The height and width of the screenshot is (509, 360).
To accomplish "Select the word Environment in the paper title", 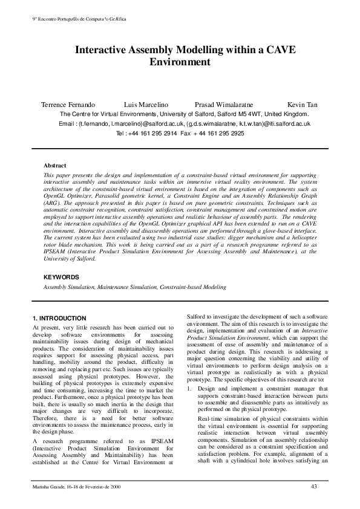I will [x=180, y=62].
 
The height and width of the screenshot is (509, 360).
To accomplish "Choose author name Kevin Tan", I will [x=303, y=105].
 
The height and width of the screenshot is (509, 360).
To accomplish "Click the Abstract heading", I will [x=55, y=164].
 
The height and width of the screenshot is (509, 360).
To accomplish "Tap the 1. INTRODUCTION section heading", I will [x=63, y=318].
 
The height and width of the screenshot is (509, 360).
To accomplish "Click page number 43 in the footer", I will [x=313, y=487].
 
